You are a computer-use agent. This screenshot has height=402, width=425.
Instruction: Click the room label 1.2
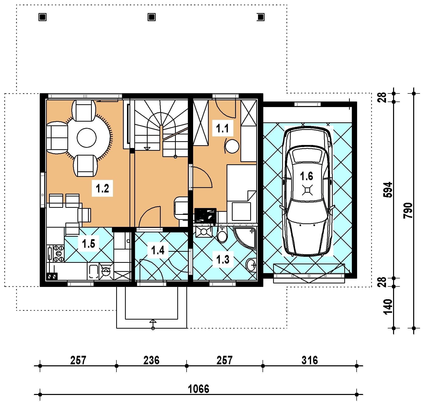(x=102, y=188)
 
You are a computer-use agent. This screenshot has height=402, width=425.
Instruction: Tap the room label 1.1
(x=223, y=128)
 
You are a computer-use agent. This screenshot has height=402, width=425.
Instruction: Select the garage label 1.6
(x=307, y=176)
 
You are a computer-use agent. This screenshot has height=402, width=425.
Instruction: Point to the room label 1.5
(x=89, y=243)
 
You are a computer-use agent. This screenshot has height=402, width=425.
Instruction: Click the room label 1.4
(x=158, y=250)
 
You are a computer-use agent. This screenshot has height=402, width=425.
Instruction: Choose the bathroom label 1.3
(x=223, y=259)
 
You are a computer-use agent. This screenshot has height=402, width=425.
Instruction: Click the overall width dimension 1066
(x=199, y=389)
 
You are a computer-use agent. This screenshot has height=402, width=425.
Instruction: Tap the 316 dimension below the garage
(x=310, y=360)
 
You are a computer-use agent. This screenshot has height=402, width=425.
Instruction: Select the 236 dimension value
(x=151, y=360)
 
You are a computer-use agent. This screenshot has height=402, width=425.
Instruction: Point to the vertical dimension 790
(x=408, y=211)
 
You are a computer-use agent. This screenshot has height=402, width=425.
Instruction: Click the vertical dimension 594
(x=389, y=190)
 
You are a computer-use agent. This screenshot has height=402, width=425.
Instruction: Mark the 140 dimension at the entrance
(x=389, y=307)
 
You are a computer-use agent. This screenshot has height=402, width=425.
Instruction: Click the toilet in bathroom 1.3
(x=222, y=235)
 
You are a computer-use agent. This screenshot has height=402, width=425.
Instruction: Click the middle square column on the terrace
(x=151, y=17)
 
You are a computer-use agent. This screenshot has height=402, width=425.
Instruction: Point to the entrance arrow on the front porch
(x=153, y=324)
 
